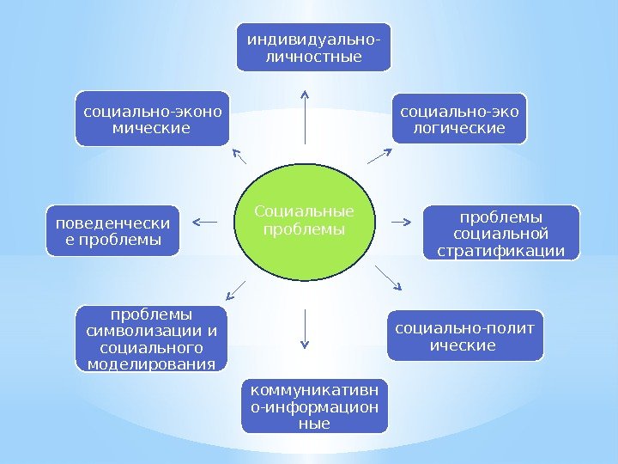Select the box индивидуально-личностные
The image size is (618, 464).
[314, 46]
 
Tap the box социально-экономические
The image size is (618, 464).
[152, 118]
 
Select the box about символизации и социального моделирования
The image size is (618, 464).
[152, 339]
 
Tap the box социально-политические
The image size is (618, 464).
[465, 334]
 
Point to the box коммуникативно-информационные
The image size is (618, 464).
[314, 404]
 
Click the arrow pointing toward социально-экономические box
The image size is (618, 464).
[239, 157]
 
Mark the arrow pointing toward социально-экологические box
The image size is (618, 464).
[379, 156]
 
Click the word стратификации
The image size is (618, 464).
[502, 251]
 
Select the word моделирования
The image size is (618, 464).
[152, 364]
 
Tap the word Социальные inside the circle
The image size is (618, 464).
[305, 211]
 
